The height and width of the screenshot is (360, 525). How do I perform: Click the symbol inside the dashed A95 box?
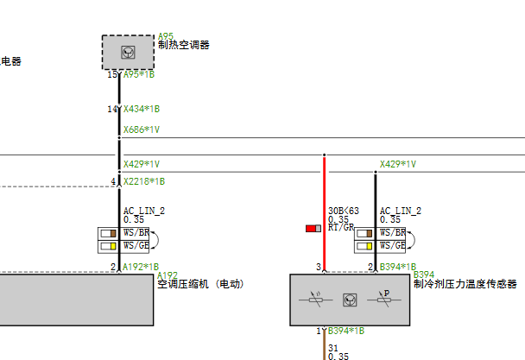(x=128, y=52)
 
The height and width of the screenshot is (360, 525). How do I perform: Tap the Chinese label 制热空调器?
(x=183, y=45)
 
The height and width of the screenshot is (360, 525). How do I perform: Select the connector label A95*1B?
(x=139, y=75)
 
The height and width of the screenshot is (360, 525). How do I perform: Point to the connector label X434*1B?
(x=142, y=110)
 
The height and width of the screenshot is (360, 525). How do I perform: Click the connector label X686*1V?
(x=142, y=130)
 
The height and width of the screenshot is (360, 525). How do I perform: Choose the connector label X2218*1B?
(x=144, y=182)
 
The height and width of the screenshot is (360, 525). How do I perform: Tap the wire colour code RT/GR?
(x=341, y=228)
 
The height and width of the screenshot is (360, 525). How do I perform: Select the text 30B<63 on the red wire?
(x=343, y=211)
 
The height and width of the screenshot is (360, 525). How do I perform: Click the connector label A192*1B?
(x=142, y=267)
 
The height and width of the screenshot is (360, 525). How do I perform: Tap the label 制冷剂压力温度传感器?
(x=465, y=283)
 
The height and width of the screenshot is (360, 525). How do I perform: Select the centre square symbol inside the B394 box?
(x=350, y=300)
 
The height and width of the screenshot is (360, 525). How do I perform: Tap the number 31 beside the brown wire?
(x=333, y=348)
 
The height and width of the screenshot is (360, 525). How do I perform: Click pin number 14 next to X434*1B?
(x=111, y=110)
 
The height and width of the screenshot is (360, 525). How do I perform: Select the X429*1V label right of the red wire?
(x=398, y=164)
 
